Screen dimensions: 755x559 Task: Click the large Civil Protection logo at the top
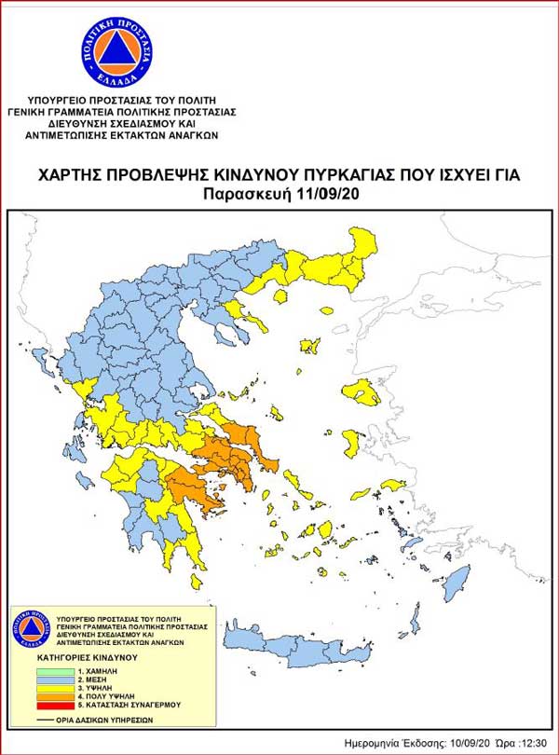coord(116,52)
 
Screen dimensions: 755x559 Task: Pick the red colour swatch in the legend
coord(61,705)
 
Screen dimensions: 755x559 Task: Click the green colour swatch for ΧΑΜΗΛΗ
coord(61,670)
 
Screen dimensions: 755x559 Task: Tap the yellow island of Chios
coord(351,441)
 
